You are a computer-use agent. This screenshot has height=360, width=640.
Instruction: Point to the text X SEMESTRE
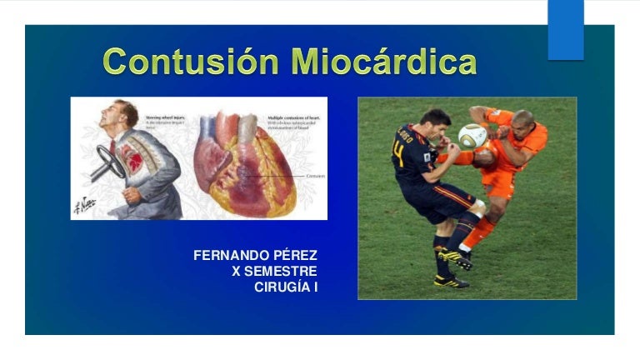280,272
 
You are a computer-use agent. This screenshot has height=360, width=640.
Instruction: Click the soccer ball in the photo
472,135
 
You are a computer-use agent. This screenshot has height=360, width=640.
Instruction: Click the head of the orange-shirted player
522,122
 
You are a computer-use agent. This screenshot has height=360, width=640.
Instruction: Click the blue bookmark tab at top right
566,29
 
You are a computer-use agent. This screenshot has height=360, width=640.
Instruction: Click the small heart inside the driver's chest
132,155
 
